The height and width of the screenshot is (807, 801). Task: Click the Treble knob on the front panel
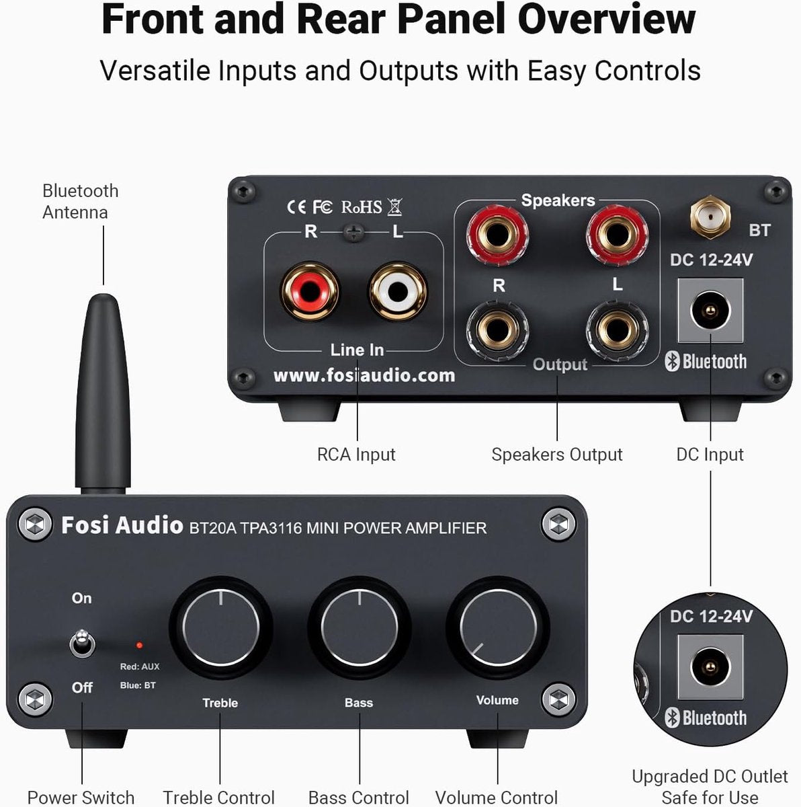coord(220,627)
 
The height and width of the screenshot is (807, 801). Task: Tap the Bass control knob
coord(360,627)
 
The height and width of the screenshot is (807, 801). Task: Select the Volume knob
coord(498,627)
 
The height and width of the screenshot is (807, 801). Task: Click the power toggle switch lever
coord(82,642)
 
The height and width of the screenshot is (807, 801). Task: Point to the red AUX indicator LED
coord(139,646)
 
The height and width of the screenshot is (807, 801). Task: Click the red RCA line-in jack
coord(310,291)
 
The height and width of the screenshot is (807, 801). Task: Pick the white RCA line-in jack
coord(398,291)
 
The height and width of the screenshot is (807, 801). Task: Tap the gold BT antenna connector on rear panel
coord(710,216)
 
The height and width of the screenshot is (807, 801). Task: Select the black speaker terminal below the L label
coord(617,330)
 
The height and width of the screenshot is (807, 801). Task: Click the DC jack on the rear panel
coord(710,311)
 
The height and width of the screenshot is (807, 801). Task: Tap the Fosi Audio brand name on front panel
coord(122,525)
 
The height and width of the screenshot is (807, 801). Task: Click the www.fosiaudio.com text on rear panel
coord(364,375)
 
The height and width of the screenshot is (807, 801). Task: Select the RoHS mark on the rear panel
coord(362,207)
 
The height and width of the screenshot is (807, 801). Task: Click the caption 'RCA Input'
coord(356,455)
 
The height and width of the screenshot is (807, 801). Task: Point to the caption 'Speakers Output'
coord(557,455)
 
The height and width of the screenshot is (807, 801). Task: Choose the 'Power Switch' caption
coord(81,798)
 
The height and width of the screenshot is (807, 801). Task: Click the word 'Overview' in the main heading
coord(606,20)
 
